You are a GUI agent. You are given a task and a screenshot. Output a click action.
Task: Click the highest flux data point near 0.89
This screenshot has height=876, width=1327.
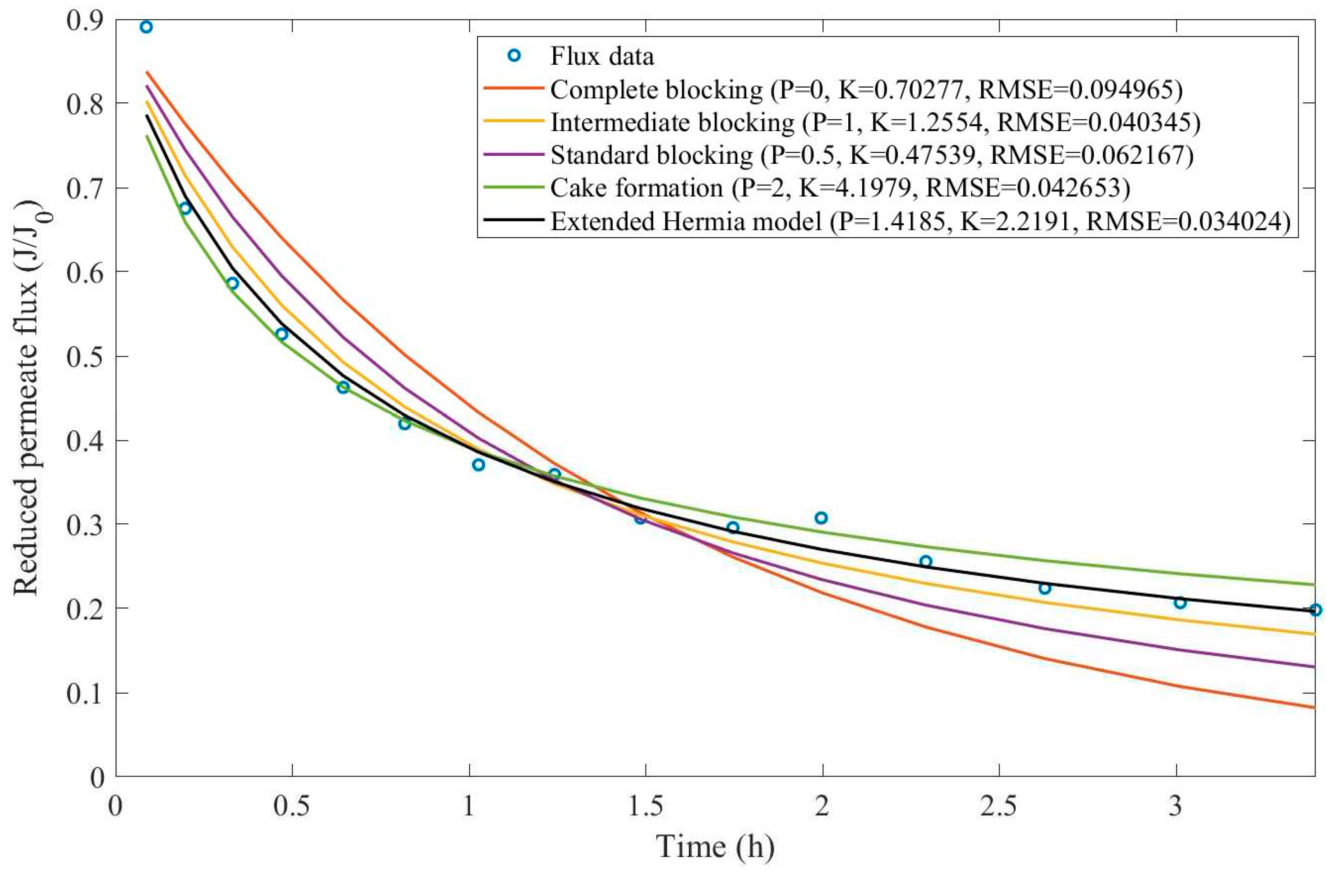[x=146, y=27]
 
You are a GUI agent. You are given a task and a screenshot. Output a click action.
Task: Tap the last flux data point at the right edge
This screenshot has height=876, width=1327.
[x=1315, y=609]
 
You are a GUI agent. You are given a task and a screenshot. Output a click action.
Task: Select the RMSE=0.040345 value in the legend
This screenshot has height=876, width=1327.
[x=1098, y=122]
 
